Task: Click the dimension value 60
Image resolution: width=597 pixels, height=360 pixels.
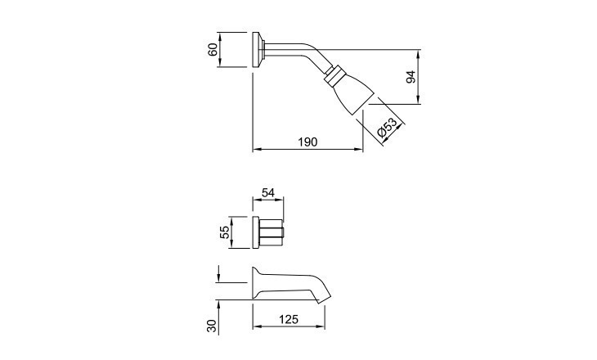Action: coord(213,50)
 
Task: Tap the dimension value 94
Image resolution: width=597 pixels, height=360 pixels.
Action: coord(411,77)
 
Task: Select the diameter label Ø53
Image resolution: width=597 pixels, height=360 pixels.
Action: coord(387,128)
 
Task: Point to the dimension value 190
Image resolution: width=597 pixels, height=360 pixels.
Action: coord(307,142)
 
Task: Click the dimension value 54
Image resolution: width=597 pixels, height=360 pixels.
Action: coord(268,193)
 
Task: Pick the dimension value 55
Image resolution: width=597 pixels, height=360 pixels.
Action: coord(225,232)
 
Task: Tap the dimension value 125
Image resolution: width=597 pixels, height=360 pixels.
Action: coord(289,319)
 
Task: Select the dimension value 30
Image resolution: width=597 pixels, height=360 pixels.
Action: coord(212,326)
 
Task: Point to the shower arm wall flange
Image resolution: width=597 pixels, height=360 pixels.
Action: coord(258,50)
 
